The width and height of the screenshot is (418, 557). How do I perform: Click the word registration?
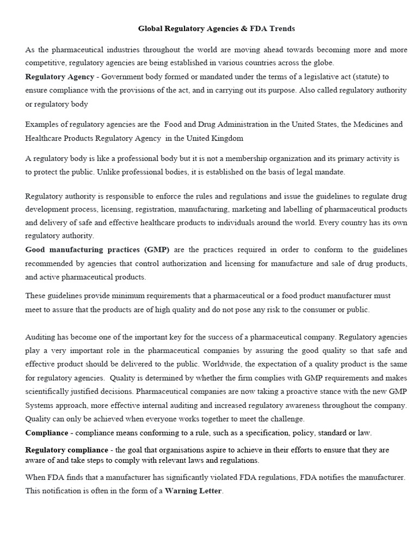tap(161, 209)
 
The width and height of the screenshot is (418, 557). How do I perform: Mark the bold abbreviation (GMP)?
tap(157, 250)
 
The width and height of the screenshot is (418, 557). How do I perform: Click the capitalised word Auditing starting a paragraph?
tap(41, 337)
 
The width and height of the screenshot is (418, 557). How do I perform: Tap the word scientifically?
tap(50, 392)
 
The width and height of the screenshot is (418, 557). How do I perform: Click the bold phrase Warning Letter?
tap(194, 491)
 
